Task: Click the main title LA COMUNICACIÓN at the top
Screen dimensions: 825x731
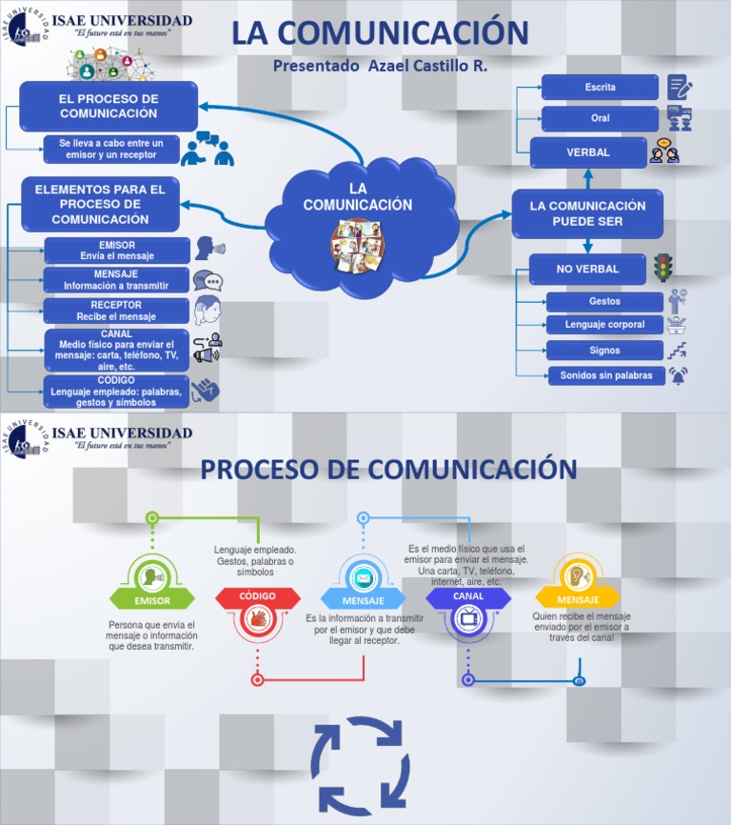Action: [380, 32]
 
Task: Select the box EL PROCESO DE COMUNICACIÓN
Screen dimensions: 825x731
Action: [109, 106]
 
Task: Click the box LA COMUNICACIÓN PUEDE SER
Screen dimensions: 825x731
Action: [587, 213]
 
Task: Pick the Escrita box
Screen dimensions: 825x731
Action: [600, 88]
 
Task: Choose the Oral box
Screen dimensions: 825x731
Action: [600, 119]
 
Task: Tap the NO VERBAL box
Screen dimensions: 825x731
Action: [587, 270]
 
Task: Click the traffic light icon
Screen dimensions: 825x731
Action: [662, 268]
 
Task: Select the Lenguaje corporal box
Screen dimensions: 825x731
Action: [604, 325]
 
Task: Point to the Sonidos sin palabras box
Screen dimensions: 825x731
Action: [606, 375]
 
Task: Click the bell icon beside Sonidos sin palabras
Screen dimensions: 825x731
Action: [678, 375]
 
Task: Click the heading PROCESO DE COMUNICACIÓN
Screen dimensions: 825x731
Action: [388, 470]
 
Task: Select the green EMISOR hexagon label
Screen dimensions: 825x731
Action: [152, 601]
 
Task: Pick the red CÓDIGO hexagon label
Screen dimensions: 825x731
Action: [257, 596]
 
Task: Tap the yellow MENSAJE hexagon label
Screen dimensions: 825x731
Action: [578, 600]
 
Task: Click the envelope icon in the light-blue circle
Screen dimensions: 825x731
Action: [363, 578]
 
